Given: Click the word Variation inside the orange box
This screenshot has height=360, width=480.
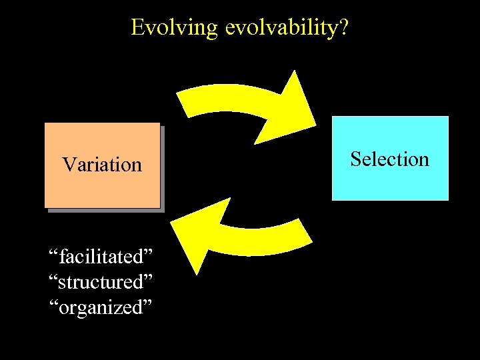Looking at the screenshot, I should coord(102,165).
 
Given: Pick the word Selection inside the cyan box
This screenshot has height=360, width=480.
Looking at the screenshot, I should coord(390,159).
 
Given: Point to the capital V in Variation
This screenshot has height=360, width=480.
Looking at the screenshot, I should coord(68,165).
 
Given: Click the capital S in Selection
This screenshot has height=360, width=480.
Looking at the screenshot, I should coord(355,159).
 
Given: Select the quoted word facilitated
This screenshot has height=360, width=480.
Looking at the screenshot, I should coord(101,256).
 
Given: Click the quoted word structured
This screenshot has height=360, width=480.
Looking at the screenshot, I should coord(101,282).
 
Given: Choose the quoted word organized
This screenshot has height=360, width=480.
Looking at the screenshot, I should coord(101,307).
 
